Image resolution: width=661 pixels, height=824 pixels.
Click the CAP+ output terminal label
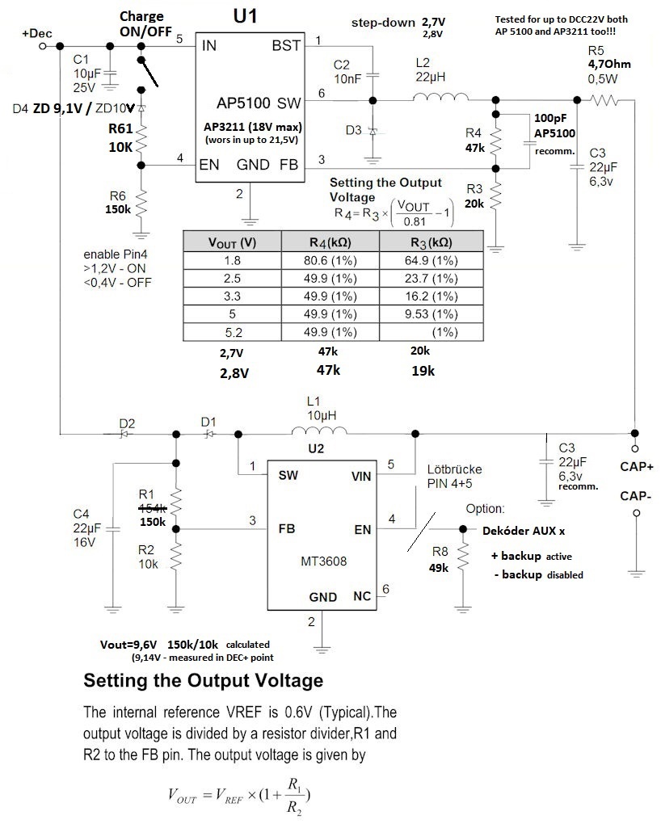pos(636,466)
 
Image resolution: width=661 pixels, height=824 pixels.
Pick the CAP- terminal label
pos(636,495)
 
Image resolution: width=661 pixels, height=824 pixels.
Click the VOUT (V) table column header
pos(233,242)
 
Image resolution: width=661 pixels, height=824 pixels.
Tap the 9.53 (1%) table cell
pos(432,313)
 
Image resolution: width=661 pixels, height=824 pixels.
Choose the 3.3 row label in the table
pos(233,296)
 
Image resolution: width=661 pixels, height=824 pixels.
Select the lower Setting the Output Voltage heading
pos(204,681)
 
